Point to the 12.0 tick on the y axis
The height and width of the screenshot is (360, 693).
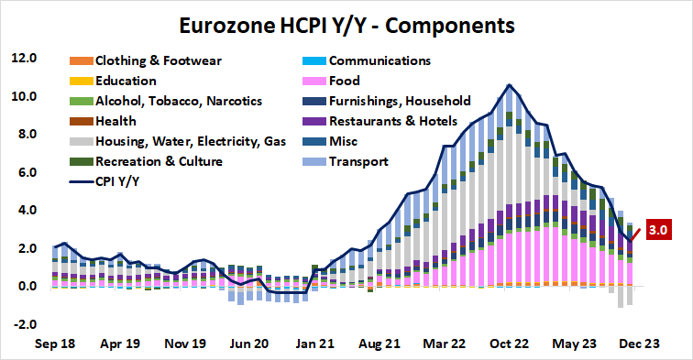click(x=22, y=59)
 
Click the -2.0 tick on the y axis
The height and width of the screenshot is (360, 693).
click(x=22, y=324)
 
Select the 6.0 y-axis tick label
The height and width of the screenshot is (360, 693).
click(x=24, y=172)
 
